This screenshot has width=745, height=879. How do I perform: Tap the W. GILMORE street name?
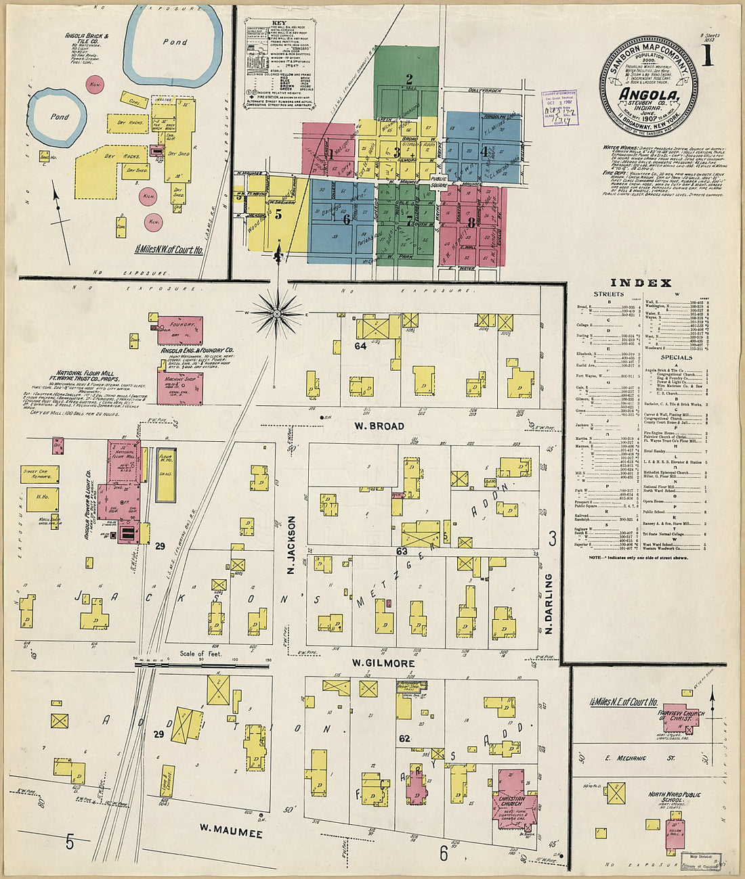(383, 663)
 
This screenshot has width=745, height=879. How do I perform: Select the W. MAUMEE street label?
(226, 827)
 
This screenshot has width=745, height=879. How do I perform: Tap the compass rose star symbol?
(277, 313)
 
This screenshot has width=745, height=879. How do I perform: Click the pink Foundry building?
(179, 328)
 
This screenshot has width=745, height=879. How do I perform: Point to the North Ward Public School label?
(678, 798)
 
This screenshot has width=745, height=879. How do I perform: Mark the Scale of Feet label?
(201, 654)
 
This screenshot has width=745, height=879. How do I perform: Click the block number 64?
(360, 346)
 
